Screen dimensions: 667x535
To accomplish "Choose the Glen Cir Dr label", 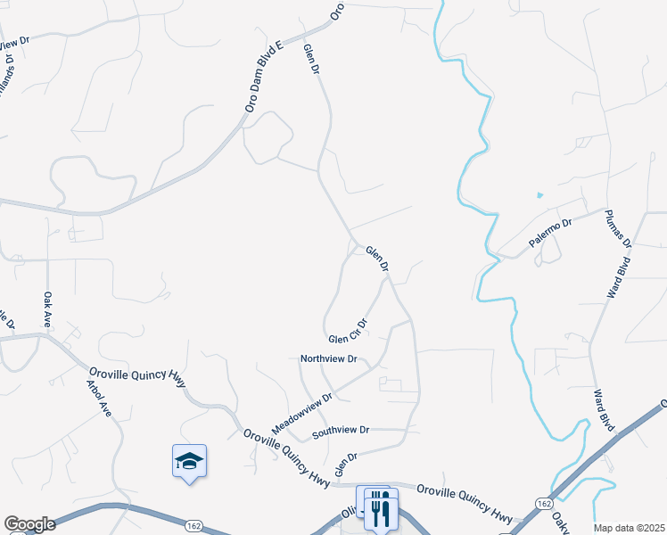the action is (348, 333).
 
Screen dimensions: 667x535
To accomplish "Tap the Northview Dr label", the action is (328, 359).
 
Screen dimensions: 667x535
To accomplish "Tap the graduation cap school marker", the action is (189, 460).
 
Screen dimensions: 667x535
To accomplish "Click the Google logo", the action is (29, 524).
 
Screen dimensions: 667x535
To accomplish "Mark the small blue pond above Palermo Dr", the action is (539, 195).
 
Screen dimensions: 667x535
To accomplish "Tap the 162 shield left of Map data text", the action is (543, 505).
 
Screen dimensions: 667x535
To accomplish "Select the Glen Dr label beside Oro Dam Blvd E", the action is (310, 59).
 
